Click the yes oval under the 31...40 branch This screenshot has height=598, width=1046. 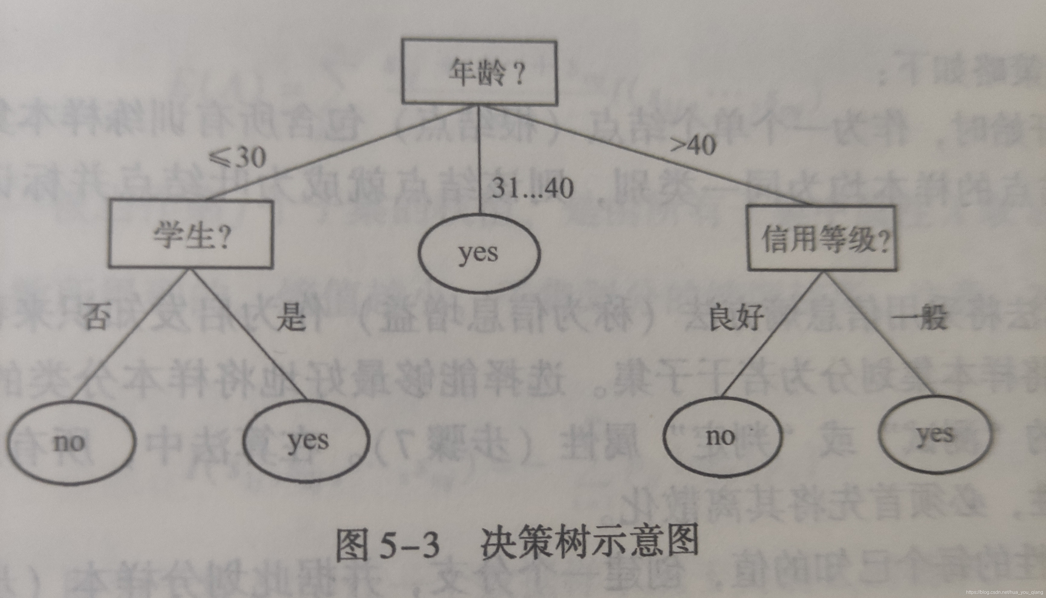[479, 253]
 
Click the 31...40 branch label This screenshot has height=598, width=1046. [532, 188]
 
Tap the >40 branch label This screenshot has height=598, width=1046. [693, 145]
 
